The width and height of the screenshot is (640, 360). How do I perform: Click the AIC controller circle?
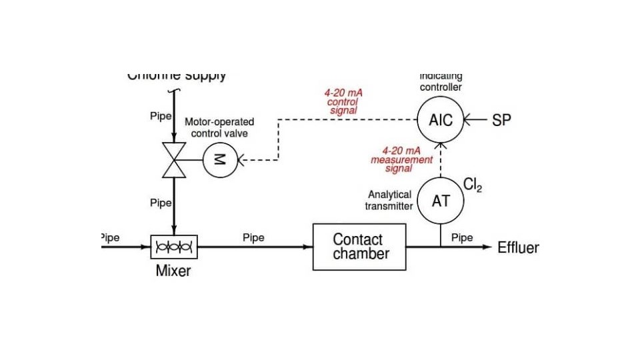coord(441,121)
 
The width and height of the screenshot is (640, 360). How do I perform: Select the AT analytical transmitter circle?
coord(441,200)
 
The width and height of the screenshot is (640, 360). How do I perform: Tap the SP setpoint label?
coord(501,121)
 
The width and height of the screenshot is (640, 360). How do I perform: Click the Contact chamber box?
coord(359,247)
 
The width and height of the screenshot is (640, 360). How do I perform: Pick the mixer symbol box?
coord(174,247)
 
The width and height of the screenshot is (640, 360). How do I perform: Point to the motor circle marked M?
coord(219,160)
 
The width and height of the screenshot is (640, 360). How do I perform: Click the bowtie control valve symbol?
coord(174,160)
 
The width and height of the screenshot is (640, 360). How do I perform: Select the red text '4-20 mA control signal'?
coord(343,101)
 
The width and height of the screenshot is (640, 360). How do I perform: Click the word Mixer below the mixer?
coord(173,271)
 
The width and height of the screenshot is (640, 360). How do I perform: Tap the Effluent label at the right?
coord(518,248)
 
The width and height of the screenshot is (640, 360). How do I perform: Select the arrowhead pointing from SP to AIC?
coord(468,121)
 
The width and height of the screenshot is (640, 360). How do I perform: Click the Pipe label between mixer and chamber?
coord(253,237)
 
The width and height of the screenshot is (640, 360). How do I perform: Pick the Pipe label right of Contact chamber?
coord(462,237)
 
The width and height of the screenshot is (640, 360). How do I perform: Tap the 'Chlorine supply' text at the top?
coord(177,75)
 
